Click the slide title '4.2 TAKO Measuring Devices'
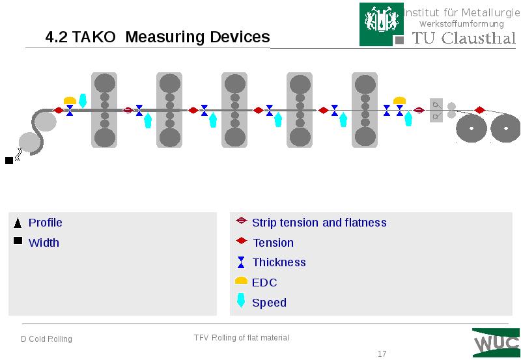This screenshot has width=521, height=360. click(158, 37)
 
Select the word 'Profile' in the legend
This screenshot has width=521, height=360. click(46, 223)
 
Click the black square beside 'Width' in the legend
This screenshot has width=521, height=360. click(18, 242)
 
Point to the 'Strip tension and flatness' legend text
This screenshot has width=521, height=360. click(319, 223)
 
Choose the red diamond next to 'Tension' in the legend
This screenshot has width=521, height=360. click(241, 242)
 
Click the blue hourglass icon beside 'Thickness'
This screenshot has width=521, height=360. click(241, 262)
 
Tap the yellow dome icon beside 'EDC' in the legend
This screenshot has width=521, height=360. click(241, 281)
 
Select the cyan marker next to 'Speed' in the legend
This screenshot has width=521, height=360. click(241, 301)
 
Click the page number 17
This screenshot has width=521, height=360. click(382, 354)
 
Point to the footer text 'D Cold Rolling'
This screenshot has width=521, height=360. click(46, 339)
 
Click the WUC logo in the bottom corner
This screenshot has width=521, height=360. click(496, 342)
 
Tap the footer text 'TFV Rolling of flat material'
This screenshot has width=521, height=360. click(241, 338)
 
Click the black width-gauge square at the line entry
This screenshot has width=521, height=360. click(9, 159)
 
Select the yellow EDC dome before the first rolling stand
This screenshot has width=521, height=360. click(70, 100)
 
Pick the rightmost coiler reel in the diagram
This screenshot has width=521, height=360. click(505, 129)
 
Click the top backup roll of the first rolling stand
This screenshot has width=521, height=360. click(104, 83)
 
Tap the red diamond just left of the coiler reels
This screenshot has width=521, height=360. click(480, 110)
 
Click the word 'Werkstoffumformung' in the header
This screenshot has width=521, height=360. click(461, 24)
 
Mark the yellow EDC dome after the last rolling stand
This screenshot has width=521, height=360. click(400, 100)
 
